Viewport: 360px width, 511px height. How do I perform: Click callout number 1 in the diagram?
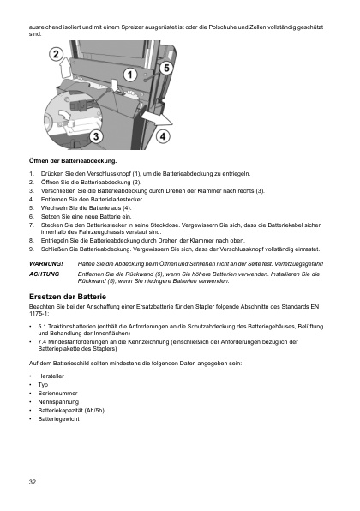[x=129, y=75]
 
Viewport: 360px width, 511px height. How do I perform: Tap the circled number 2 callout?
[x=55, y=55]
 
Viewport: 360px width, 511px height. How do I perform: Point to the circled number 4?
[x=163, y=136]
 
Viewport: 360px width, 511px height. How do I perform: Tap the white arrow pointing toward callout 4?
[x=147, y=113]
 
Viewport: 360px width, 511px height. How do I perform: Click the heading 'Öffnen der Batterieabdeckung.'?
[x=72, y=161]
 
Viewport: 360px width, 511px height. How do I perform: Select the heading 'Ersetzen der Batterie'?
[x=71, y=295]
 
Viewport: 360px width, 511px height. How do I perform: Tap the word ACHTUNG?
[x=45, y=274]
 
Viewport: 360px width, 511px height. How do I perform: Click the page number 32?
[x=32, y=481]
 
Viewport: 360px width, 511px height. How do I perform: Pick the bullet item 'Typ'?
[x=44, y=385]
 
